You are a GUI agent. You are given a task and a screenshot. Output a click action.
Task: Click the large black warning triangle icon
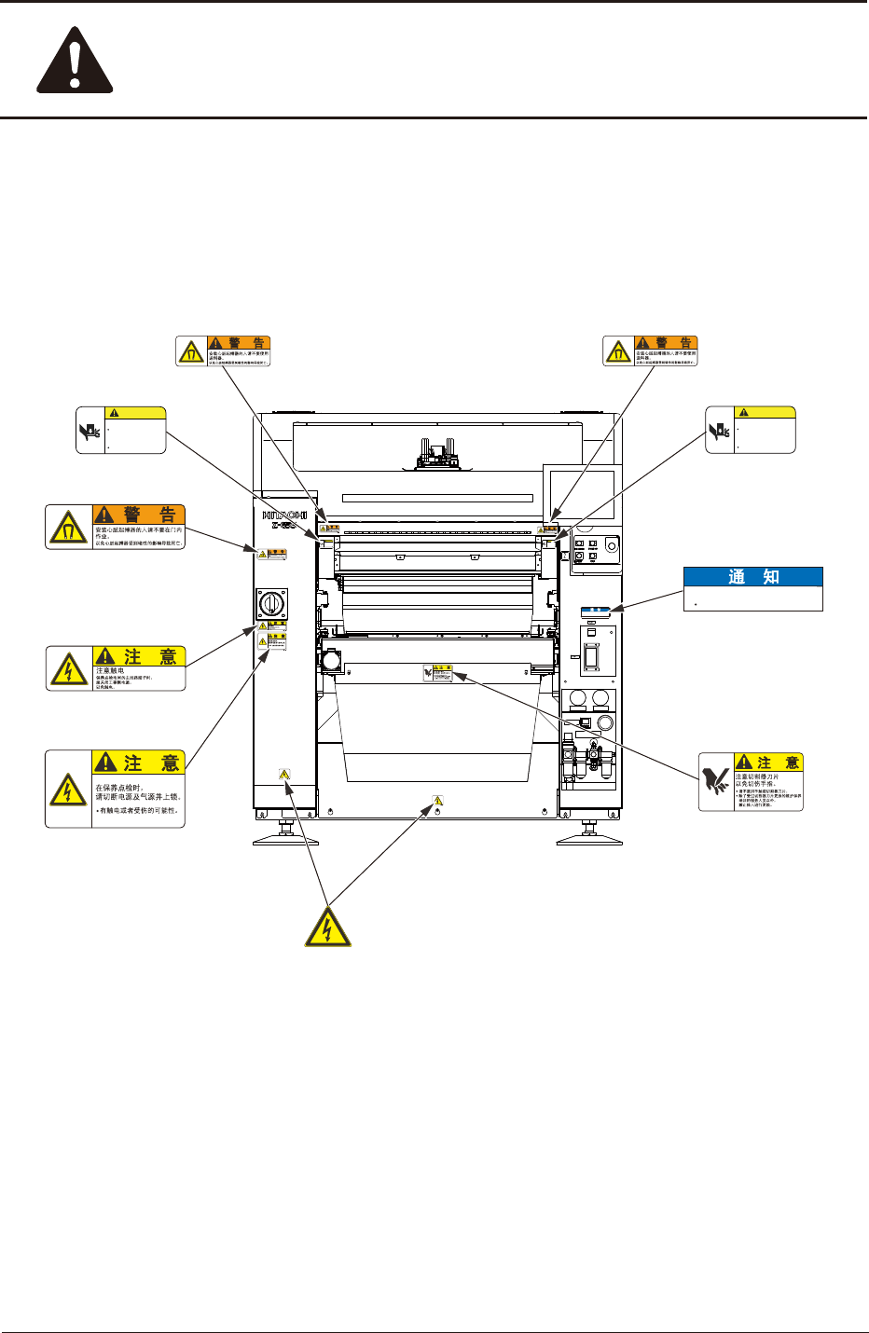click(75, 63)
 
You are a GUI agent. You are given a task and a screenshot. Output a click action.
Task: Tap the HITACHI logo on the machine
click(284, 515)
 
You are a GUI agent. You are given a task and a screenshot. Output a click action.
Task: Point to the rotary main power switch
click(271, 603)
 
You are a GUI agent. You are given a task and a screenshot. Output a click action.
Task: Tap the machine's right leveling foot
click(589, 834)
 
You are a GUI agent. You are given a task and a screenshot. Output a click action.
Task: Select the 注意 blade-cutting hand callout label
click(752, 782)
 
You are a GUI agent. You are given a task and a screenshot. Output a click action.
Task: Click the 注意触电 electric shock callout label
click(116, 668)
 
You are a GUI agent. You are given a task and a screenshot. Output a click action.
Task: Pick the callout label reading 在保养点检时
click(116, 789)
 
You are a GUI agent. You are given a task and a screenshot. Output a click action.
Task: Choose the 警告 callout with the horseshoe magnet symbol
click(116, 527)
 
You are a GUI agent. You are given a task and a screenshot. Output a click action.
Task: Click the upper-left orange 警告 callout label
click(224, 351)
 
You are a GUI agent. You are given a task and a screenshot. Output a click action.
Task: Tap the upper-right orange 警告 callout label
click(651, 351)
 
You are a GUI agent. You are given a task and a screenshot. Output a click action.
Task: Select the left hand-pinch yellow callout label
click(121, 430)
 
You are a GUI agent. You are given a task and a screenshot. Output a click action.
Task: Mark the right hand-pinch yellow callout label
click(751, 430)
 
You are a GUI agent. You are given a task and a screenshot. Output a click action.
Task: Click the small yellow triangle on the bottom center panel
click(437, 800)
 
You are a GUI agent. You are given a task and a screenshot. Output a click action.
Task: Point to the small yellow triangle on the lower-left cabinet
click(284, 774)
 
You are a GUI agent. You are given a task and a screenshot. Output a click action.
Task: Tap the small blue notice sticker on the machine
click(596, 612)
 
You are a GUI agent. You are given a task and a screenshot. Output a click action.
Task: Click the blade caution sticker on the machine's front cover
click(437, 673)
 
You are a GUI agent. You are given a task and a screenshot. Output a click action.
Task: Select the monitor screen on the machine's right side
click(582, 495)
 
